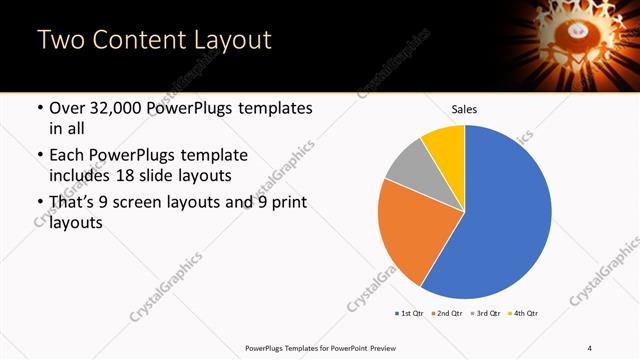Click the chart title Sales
click(x=464, y=108)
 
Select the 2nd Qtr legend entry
click(x=447, y=314)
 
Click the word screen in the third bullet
click(x=155, y=203)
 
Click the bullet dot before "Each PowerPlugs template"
click(x=39, y=156)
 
